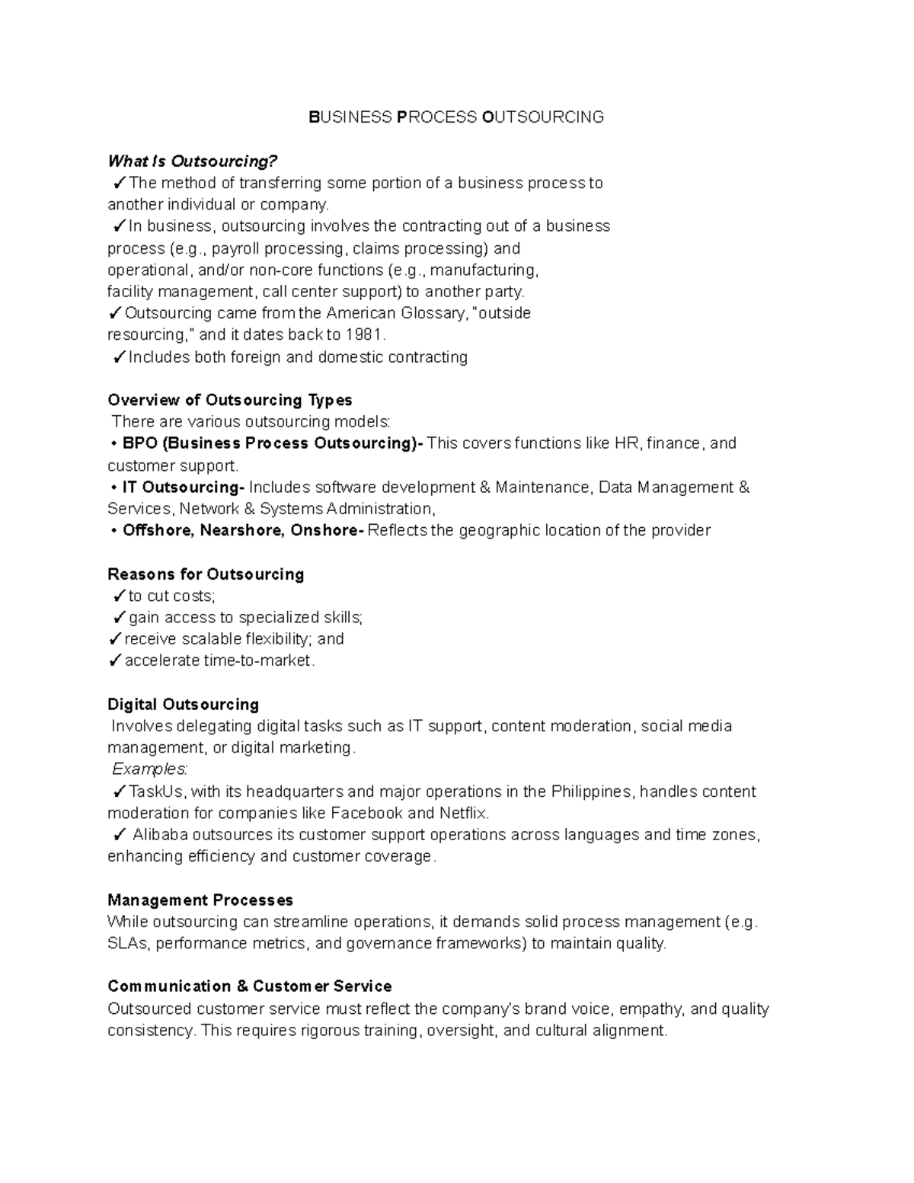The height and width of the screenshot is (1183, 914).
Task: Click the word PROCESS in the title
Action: pos(436,117)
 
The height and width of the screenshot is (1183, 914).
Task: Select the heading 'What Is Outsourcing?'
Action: pos(193,161)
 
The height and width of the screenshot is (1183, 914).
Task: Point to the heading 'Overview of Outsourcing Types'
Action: pos(230,401)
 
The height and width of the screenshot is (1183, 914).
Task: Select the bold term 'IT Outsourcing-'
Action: pos(183,488)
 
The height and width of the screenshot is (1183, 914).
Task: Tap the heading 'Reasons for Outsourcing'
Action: pos(206,574)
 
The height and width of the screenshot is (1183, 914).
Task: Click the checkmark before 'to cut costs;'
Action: pos(119,596)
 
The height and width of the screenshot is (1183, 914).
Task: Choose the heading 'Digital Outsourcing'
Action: pos(183,705)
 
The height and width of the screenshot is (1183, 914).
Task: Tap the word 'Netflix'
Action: pos(463,814)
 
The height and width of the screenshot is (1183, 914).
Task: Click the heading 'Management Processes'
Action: pos(200,900)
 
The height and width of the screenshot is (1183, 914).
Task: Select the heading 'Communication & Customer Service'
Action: pos(250,987)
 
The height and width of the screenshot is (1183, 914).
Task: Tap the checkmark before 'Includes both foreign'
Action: pos(119,357)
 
